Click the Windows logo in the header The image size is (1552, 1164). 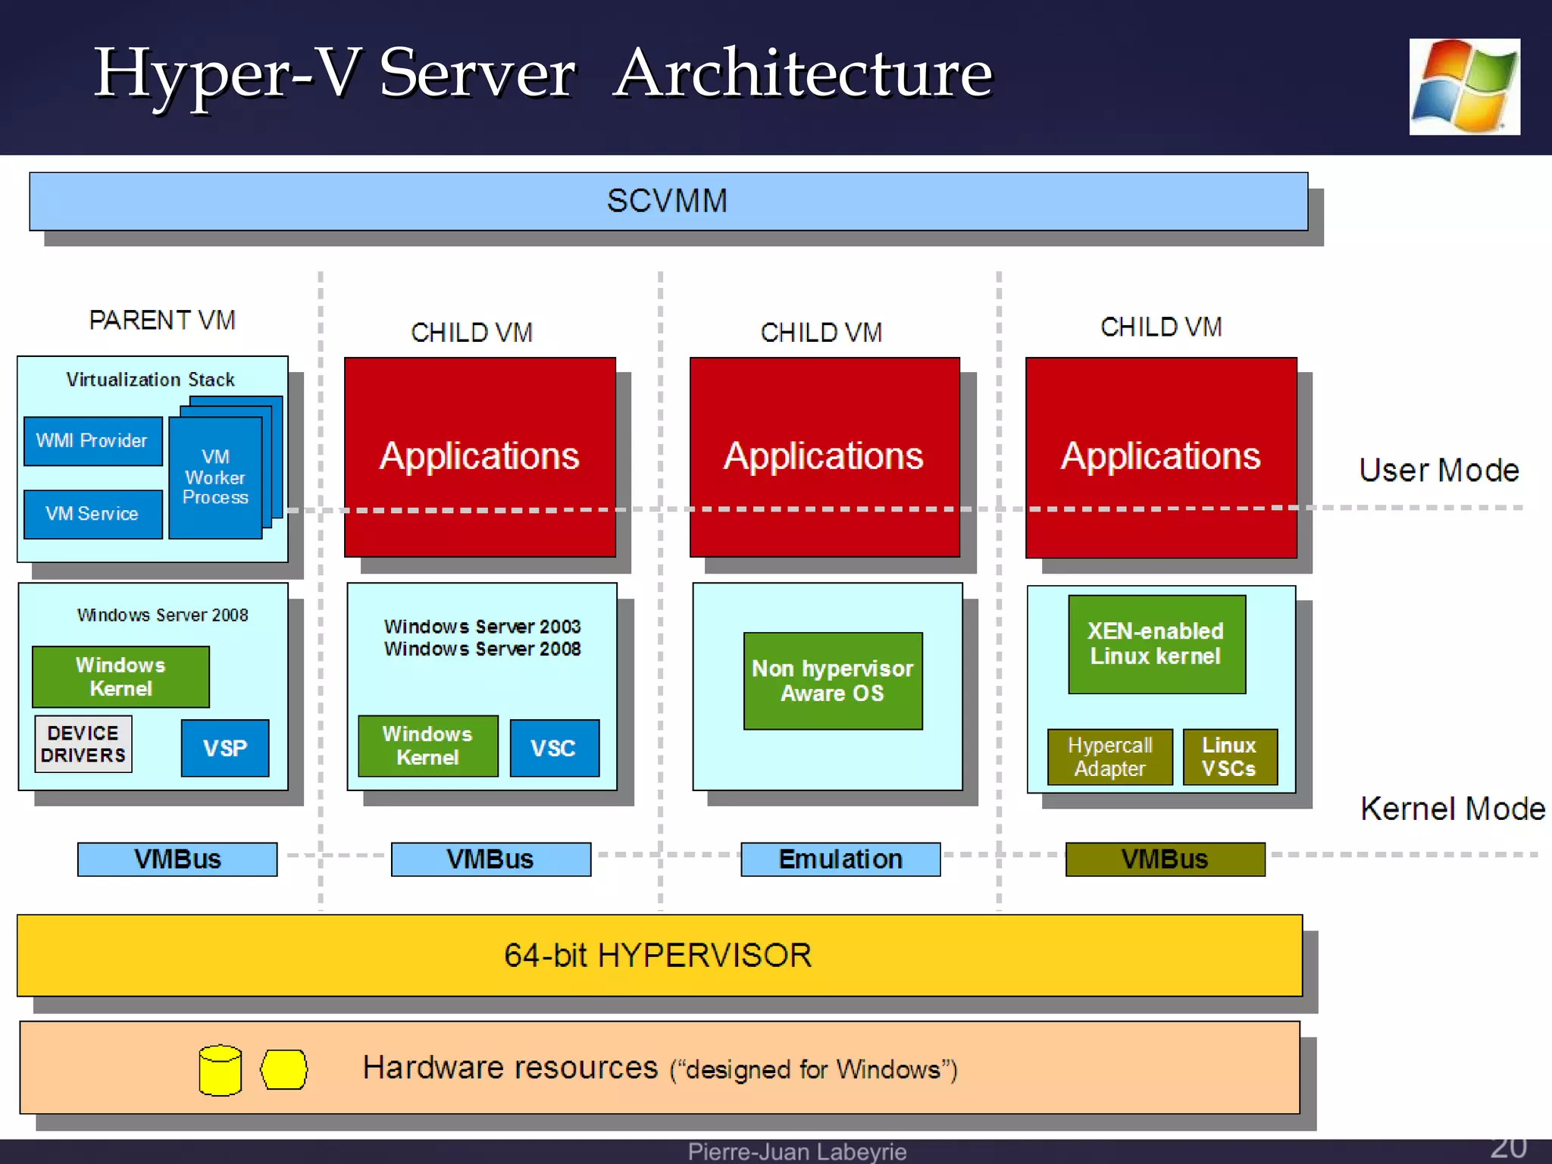pos(1464,87)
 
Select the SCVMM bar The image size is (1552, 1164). pos(668,202)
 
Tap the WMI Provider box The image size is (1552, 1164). pos(92,441)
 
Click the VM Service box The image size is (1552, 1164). pos(92,514)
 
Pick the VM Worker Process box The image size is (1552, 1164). pos(215,477)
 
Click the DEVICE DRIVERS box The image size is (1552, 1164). pos(83,744)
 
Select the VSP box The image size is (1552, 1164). pos(225,748)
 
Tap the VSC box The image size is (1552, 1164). pos(554,748)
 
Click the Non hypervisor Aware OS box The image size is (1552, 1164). pos(832,681)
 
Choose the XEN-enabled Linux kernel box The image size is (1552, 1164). pos(1156,644)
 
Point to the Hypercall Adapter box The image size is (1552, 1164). pos(1109,756)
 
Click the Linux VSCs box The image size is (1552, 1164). pos(1229,756)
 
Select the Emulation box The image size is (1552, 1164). pos(840,859)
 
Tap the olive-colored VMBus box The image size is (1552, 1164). pos(1165,859)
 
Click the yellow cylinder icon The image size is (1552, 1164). pos(220,1070)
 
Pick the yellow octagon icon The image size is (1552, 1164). pos(284,1069)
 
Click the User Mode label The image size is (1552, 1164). pos(1438,471)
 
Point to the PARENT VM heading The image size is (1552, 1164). pos(162,321)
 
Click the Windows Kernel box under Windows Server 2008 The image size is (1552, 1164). pos(120,677)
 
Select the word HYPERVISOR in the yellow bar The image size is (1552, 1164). pos(705,955)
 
